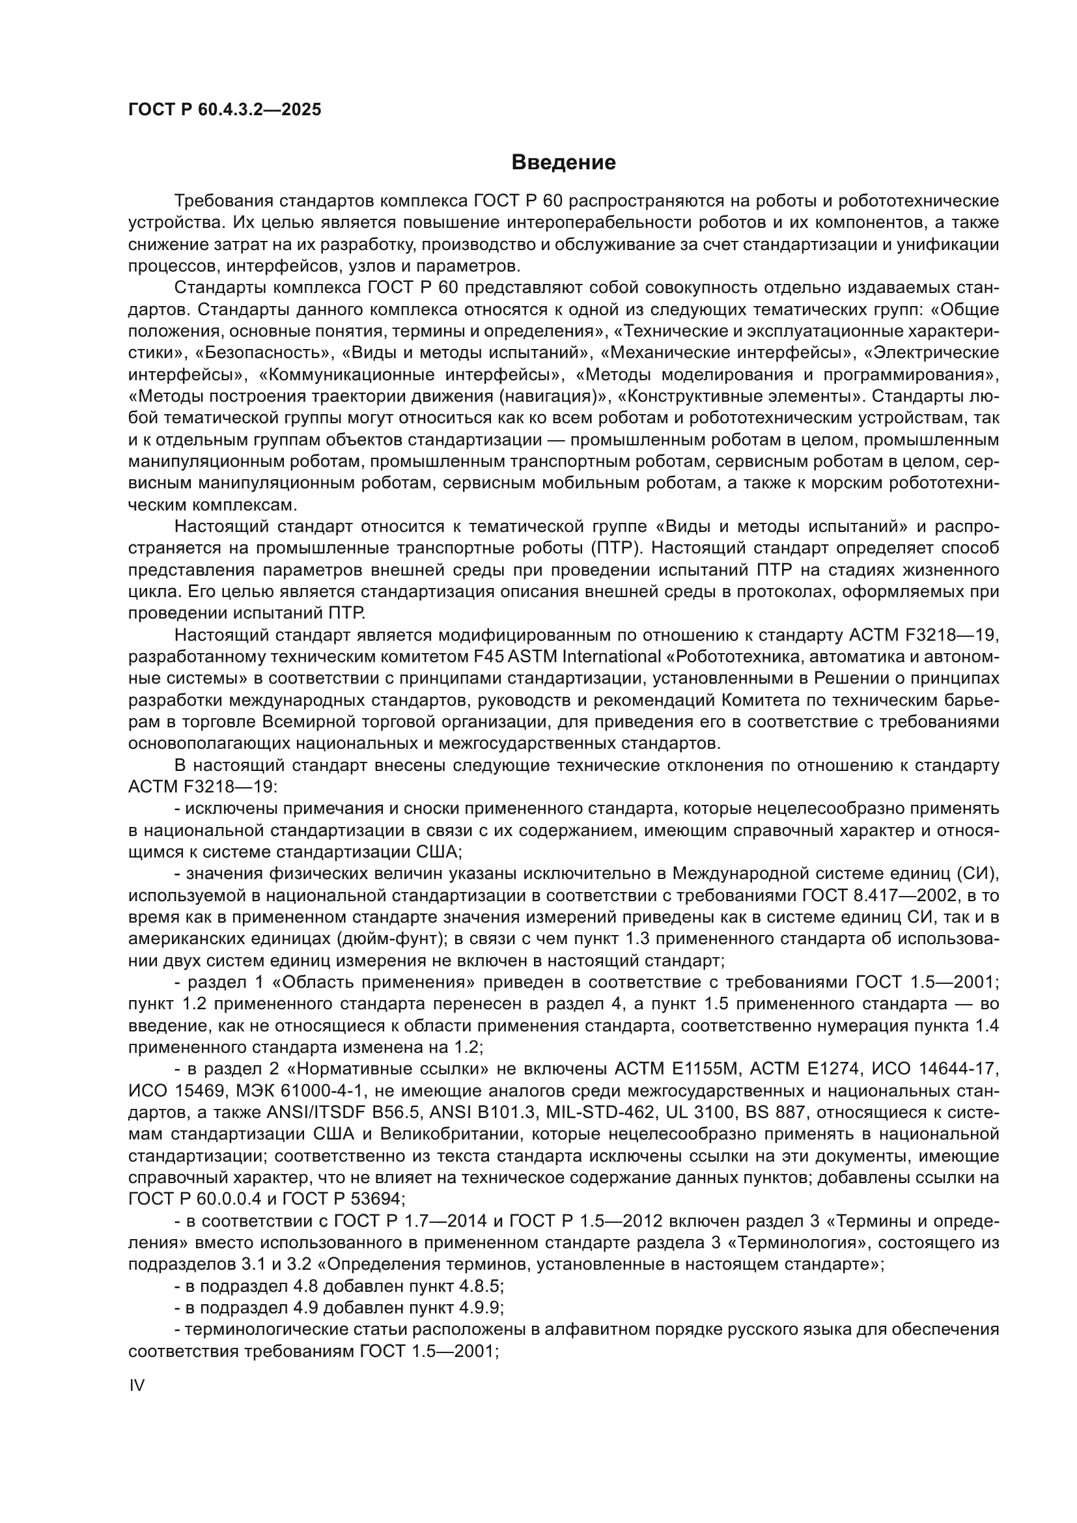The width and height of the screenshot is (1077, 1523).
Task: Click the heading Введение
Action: [x=564, y=163]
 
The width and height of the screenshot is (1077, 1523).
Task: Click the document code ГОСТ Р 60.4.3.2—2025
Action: [x=225, y=109]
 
